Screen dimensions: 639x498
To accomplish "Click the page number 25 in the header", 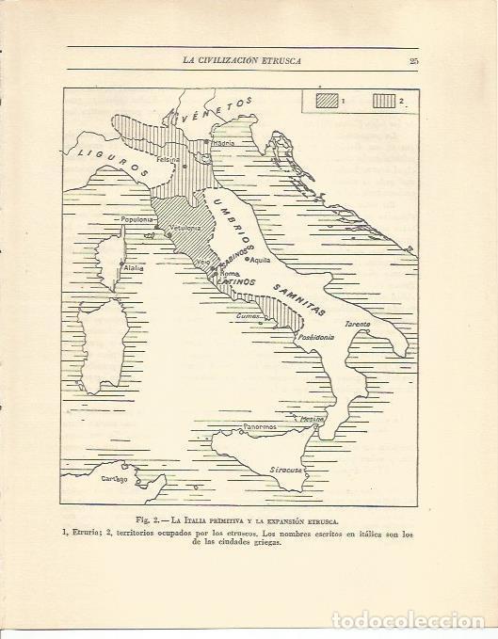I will point(413,63).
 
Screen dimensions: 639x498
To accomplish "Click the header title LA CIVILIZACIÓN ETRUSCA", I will point(248,63).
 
